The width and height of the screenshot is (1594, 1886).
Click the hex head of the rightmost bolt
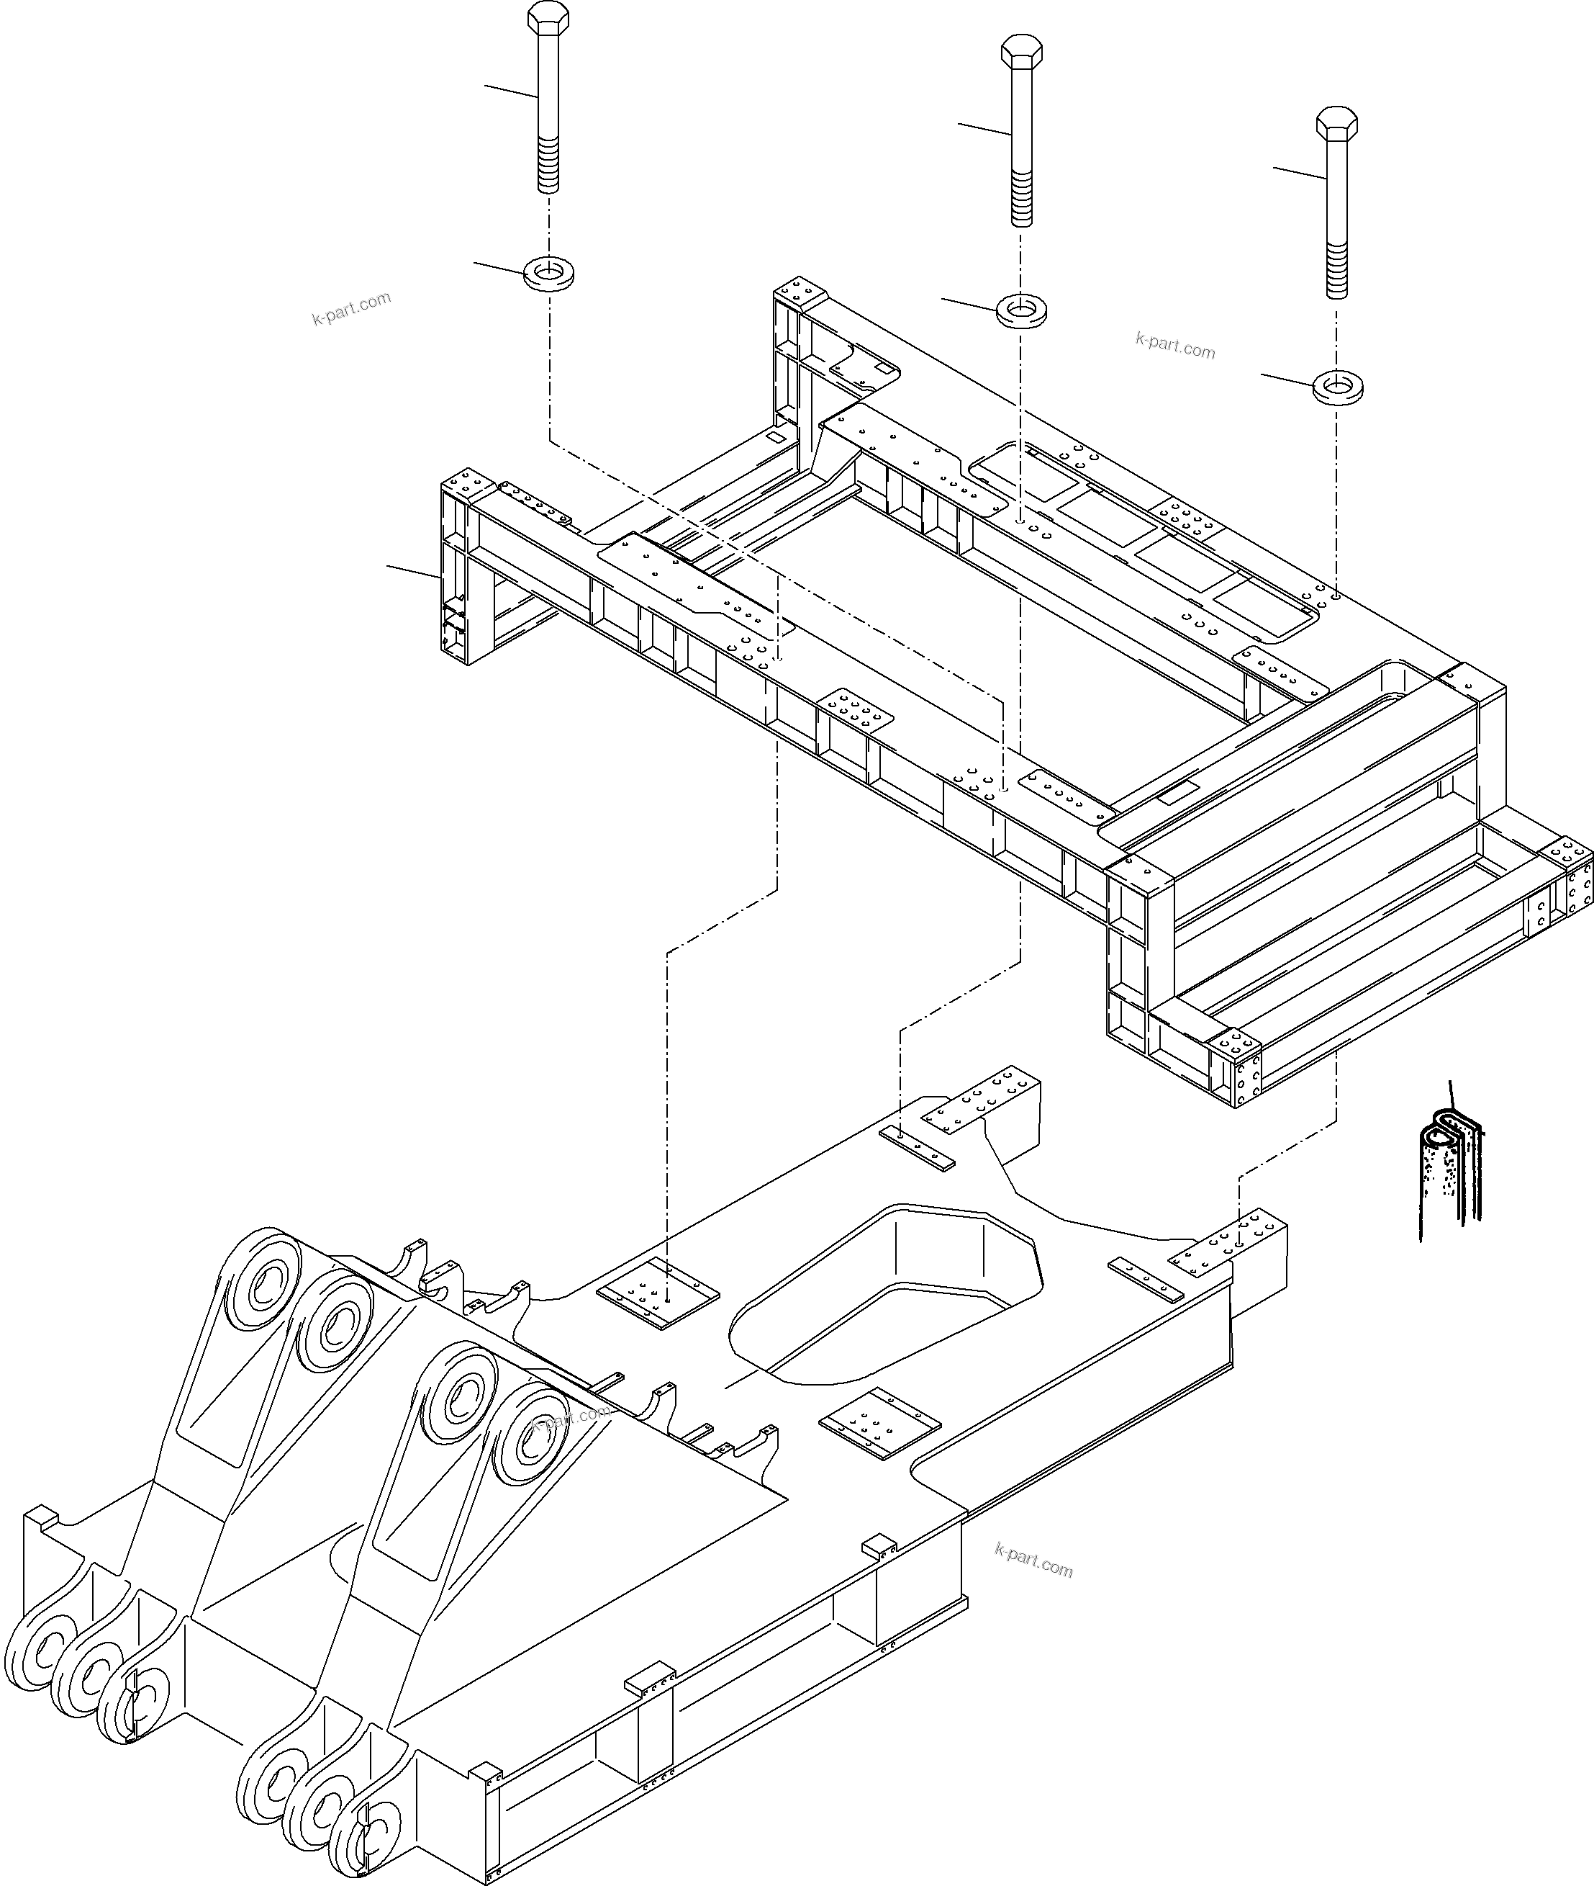pyautogui.click(x=1337, y=124)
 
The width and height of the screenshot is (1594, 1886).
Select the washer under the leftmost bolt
pyautogui.click(x=548, y=272)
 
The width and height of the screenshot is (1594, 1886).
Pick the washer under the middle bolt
pyautogui.click(x=1021, y=311)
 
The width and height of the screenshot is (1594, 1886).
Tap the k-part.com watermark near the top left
pyautogui.click(x=351, y=308)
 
